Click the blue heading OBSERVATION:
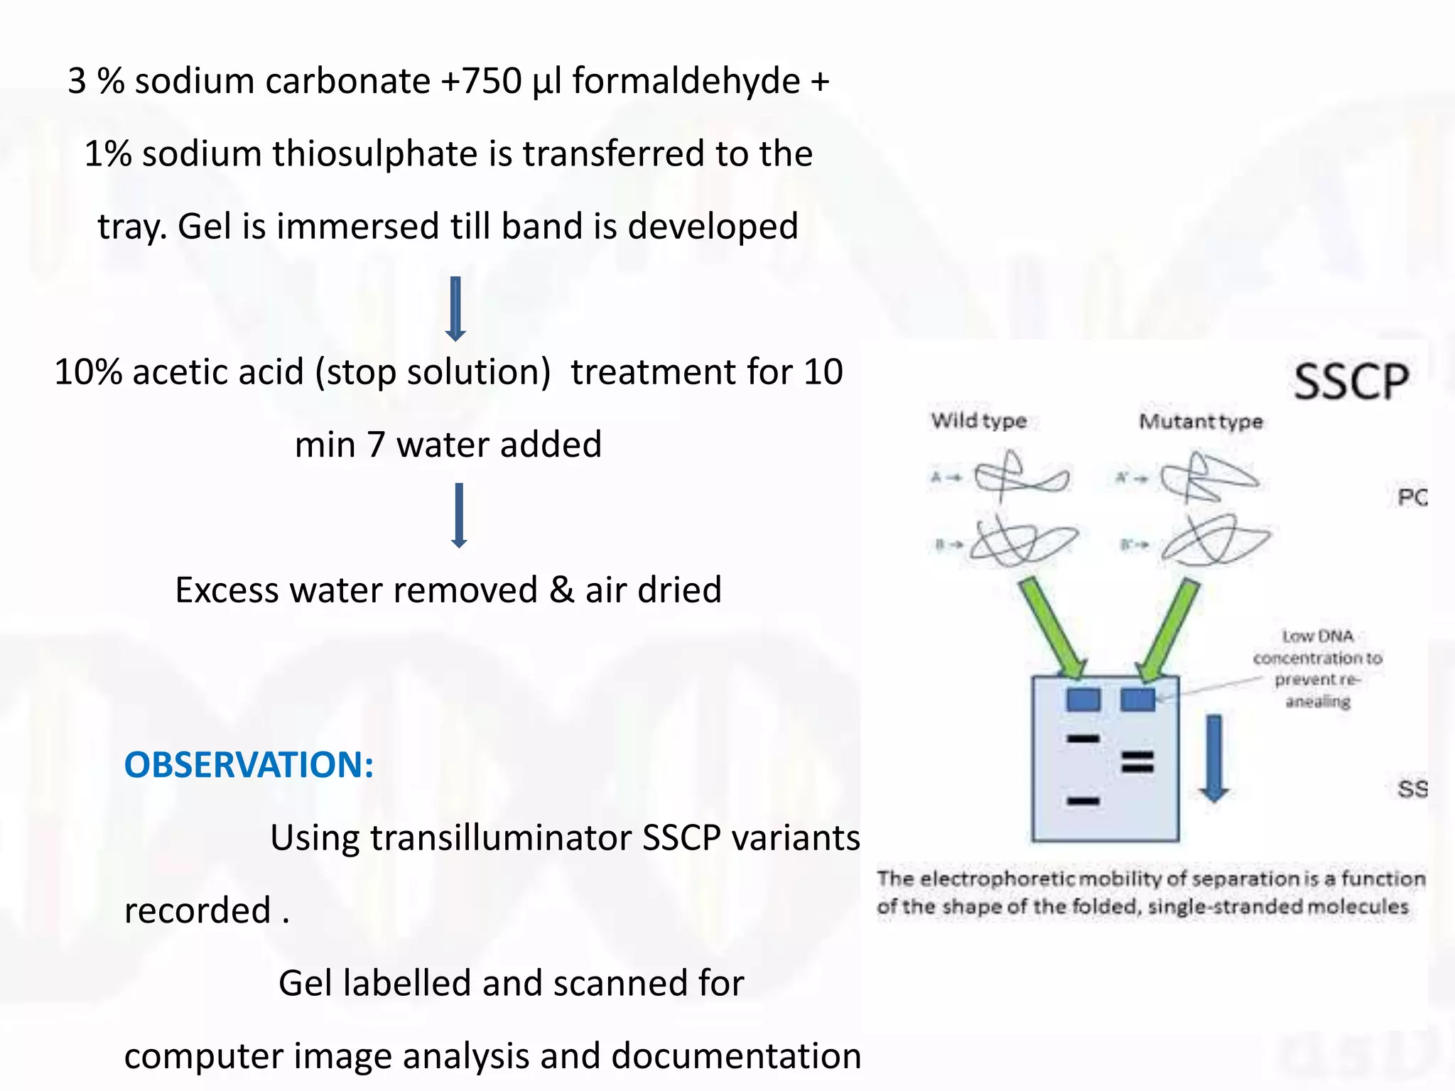[249, 765]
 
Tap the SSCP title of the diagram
[1351, 381]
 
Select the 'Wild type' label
[978, 420]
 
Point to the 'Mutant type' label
[1201, 421]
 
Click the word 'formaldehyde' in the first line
[686, 80]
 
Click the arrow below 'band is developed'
[455, 309]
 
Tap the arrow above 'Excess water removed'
[459, 515]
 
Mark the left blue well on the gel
[1083, 700]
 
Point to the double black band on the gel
[1137, 761]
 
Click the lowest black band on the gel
[1083, 801]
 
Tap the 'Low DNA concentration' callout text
[1317, 668]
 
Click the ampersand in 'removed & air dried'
[561, 590]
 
